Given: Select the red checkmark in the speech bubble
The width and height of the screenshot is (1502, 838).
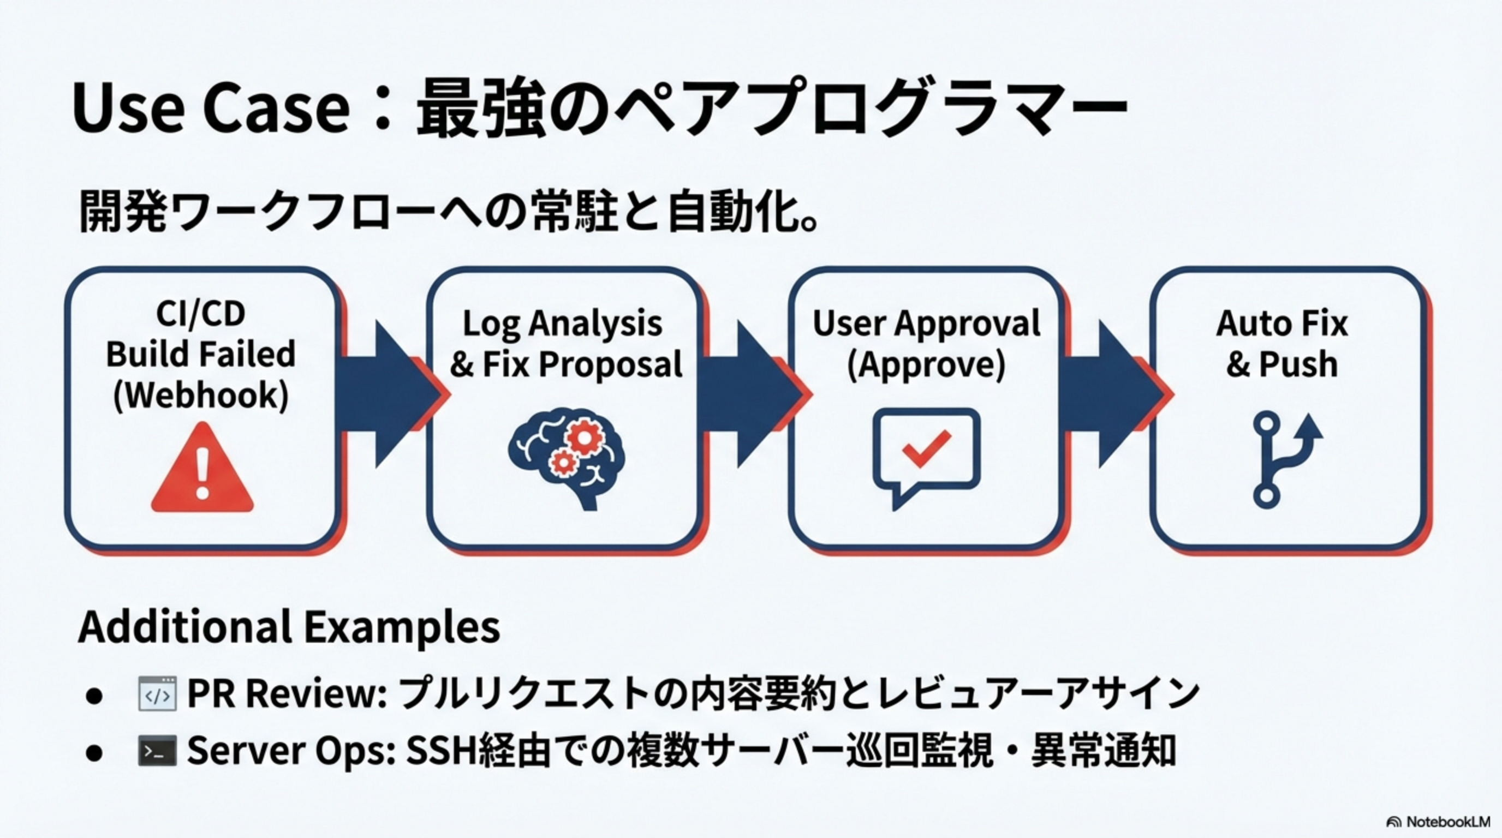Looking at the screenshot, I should coord(926,448).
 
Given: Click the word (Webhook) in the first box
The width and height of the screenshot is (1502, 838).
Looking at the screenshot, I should coord(201,396).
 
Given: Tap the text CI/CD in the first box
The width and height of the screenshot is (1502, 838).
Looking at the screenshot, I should coord(201,314).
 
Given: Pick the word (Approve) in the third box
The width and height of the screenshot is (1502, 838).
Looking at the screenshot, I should coord(926,365).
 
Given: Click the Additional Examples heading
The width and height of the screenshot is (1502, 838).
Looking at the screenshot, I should coord(289,627).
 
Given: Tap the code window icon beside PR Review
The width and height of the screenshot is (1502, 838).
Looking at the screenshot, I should coord(157,694).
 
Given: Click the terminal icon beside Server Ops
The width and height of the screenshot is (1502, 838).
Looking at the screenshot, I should coord(157,751).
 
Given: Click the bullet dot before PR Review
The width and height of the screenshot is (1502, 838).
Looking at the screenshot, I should coord(94,696).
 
